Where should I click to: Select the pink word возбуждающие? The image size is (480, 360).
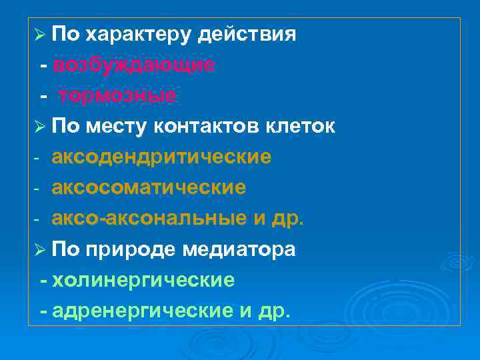coord(134,65)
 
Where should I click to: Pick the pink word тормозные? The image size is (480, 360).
coord(117,96)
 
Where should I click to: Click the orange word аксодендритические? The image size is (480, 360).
coord(161,157)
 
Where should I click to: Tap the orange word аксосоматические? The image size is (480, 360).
coord(149,188)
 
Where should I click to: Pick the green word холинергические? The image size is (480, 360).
coord(143,280)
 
